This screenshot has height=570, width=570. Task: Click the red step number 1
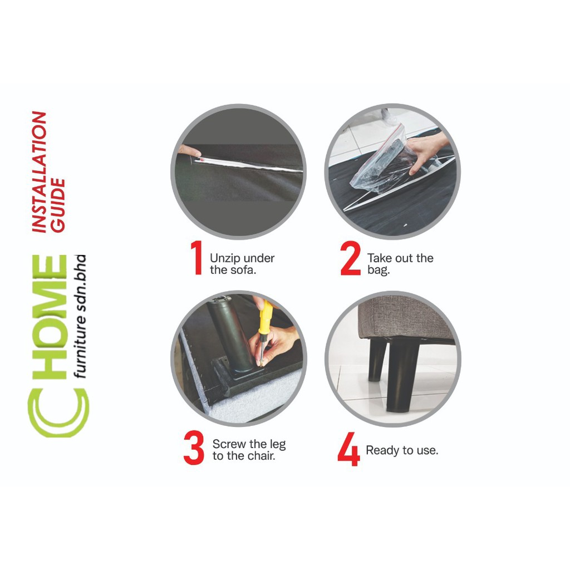tap(196, 257)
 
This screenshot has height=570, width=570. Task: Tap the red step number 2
tap(351, 258)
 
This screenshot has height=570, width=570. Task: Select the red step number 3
tap(194, 448)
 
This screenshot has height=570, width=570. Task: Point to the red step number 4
tap(348, 449)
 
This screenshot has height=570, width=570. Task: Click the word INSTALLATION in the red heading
tap(40, 171)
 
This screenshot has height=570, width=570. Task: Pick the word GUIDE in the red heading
tap(57, 205)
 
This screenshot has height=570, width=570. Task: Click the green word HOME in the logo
tap(50, 317)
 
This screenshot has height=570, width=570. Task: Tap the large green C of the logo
tap(58, 412)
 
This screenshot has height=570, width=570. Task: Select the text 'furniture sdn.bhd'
tap(79, 316)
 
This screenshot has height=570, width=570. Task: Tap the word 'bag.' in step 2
tap(379, 270)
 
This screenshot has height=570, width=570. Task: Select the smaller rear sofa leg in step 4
tap(377, 360)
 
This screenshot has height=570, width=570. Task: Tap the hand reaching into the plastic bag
tap(427, 151)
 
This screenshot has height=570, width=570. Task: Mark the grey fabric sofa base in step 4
tap(405, 317)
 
